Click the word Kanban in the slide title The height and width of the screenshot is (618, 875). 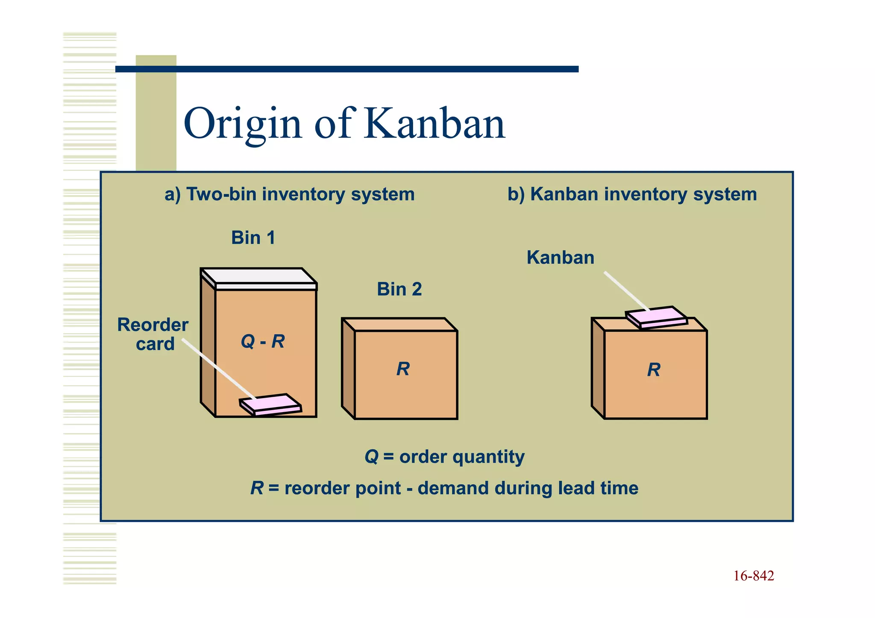[x=435, y=124]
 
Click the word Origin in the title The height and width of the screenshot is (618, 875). [x=243, y=124]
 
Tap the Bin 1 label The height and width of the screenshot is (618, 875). [x=253, y=238]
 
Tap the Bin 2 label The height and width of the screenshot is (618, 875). [x=399, y=290]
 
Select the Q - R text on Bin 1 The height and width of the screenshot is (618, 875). [x=263, y=342]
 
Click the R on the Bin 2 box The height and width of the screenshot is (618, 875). [x=403, y=369]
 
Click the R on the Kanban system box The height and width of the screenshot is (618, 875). [x=654, y=370]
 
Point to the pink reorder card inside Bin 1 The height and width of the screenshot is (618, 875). [x=270, y=404]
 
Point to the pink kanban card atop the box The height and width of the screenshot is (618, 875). [x=657, y=316]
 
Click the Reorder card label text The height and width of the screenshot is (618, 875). [x=153, y=334]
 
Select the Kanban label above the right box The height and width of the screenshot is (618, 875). [x=560, y=258]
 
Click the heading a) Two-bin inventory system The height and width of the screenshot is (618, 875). [x=290, y=194]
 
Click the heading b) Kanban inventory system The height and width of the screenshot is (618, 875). [x=632, y=194]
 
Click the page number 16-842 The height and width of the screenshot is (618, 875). [x=754, y=576]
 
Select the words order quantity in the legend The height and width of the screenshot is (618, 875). [x=461, y=457]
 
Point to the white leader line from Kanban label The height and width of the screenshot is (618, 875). [x=626, y=291]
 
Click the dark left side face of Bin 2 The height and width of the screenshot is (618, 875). [x=348, y=368]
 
